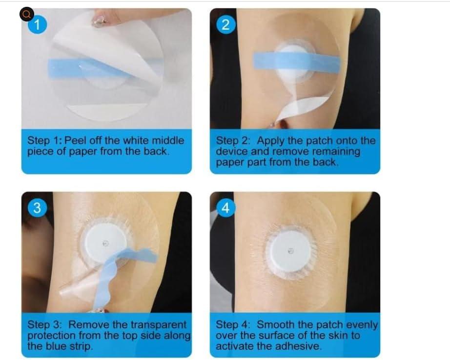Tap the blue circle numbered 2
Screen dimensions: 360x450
pyautogui.click(x=225, y=25)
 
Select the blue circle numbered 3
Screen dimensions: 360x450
pyautogui.click(x=36, y=207)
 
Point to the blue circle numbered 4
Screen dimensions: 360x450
pyautogui.click(x=225, y=208)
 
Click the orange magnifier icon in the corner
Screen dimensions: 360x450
pyautogui.click(x=26, y=14)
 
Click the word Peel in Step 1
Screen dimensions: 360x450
pyautogui.click(x=80, y=140)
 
